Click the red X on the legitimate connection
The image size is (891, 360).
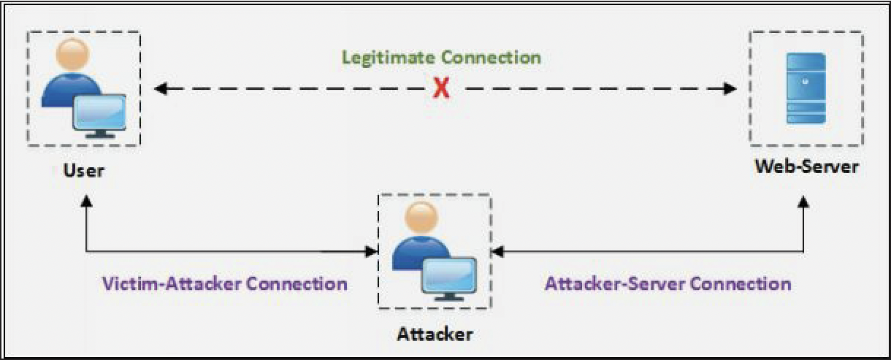click(440, 89)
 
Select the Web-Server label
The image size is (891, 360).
click(806, 166)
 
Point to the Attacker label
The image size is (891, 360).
click(435, 334)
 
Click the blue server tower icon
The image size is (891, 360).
click(806, 88)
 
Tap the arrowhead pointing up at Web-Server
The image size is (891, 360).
click(804, 204)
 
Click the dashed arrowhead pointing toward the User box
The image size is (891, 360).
click(161, 89)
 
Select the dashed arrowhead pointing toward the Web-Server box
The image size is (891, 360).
click(730, 89)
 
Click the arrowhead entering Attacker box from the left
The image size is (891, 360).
click(369, 252)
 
